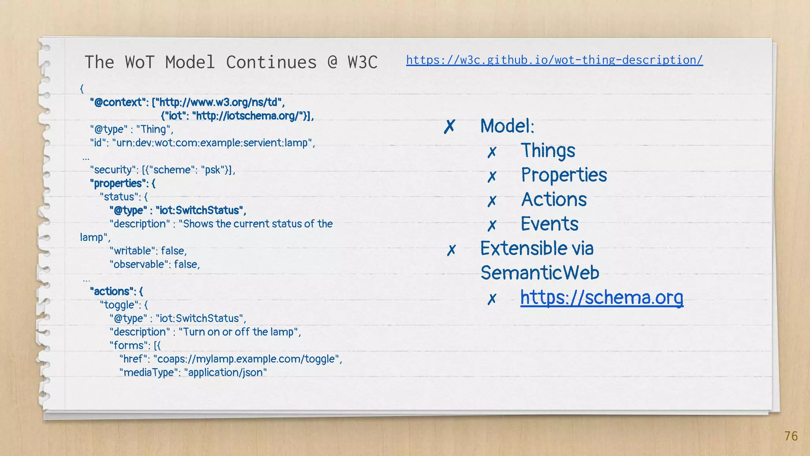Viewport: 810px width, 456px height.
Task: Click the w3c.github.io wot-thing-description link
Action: pyautogui.click(x=554, y=60)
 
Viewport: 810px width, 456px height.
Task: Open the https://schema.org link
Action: pyautogui.click(x=602, y=297)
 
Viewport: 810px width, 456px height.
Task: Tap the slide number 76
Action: pyautogui.click(x=791, y=436)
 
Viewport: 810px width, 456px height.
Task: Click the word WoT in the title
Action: pyautogui.click(x=139, y=62)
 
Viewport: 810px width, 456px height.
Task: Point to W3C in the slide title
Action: pyautogui.click(x=363, y=62)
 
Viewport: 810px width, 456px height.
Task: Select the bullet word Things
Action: pyautogui.click(x=548, y=151)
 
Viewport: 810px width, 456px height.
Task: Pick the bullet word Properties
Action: pyautogui.click(x=564, y=175)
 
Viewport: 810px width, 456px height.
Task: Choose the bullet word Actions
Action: pyautogui.click(x=554, y=199)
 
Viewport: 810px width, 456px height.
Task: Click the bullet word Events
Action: pyautogui.click(x=549, y=224)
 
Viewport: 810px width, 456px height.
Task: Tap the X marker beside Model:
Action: pyautogui.click(x=450, y=127)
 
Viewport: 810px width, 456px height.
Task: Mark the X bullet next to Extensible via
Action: pyautogui.click(x=451, y=250)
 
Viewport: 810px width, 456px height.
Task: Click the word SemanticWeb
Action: pyautogui.click(x=540, y=273)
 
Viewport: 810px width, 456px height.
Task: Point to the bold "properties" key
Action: pyautogui.click(x=117, y=183)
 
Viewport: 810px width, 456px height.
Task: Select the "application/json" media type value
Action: pyautogui.click(x=225, y=372)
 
